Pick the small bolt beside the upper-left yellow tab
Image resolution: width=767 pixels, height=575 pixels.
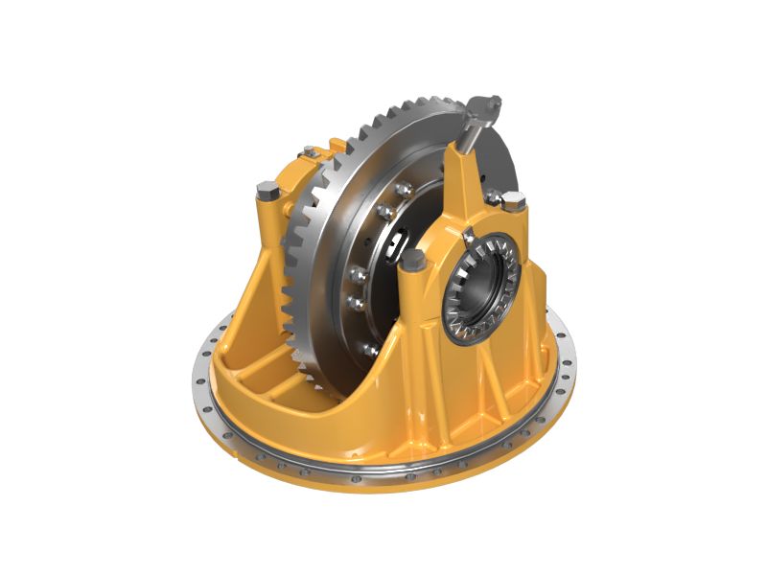[309, 151]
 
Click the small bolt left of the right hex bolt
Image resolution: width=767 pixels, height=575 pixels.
[492, 196]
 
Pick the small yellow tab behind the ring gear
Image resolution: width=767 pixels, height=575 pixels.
[336, 145]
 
